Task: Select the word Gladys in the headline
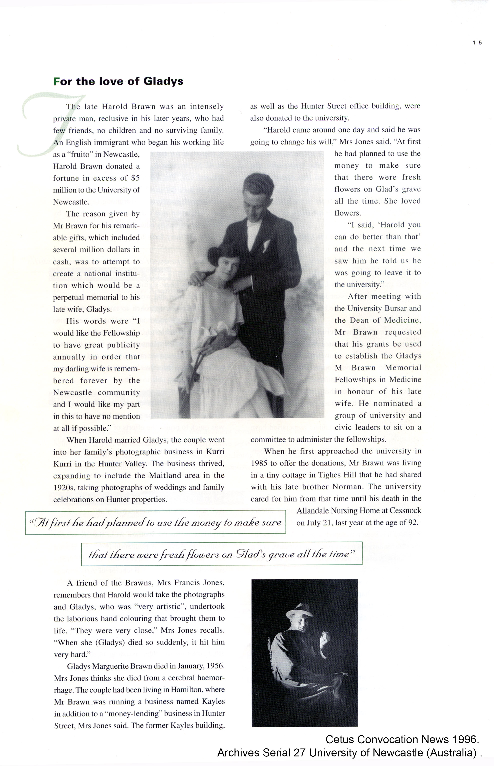[163, 81]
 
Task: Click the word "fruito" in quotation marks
[80, 154]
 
